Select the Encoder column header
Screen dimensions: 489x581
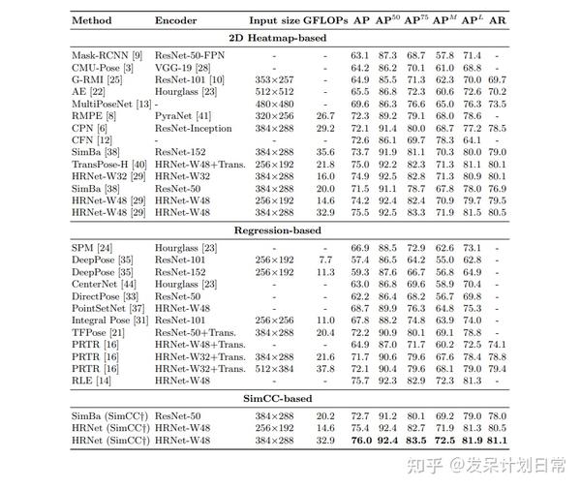point(176,19)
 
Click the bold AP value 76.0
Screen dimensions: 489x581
point(360,441)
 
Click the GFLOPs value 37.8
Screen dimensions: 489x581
point(325,369)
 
